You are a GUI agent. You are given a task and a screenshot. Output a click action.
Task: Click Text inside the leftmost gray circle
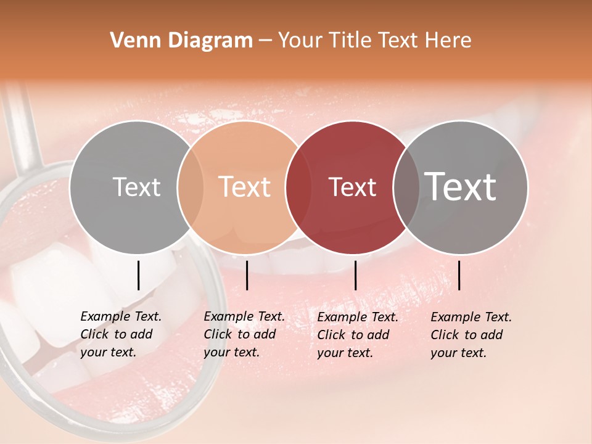(136, 187)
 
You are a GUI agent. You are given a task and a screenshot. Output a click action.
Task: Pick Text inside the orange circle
(245, 187)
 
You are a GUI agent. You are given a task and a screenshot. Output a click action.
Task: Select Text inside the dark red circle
(352, 187)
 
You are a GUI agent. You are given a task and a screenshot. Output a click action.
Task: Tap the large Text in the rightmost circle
(461, 187)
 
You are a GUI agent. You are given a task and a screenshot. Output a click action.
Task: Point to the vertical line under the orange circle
(247, 275)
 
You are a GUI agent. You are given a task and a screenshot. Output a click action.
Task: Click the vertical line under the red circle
(355, 275)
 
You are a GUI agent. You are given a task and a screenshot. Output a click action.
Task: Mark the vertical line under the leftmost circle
(138, 275)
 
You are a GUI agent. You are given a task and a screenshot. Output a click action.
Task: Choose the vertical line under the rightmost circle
(459, 275)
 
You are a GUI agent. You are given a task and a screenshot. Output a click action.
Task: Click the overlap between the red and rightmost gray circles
(406, 187)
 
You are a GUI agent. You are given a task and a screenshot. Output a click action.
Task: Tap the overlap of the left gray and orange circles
(191, 187)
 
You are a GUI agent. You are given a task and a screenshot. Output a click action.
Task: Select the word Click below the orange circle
(218, 334)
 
